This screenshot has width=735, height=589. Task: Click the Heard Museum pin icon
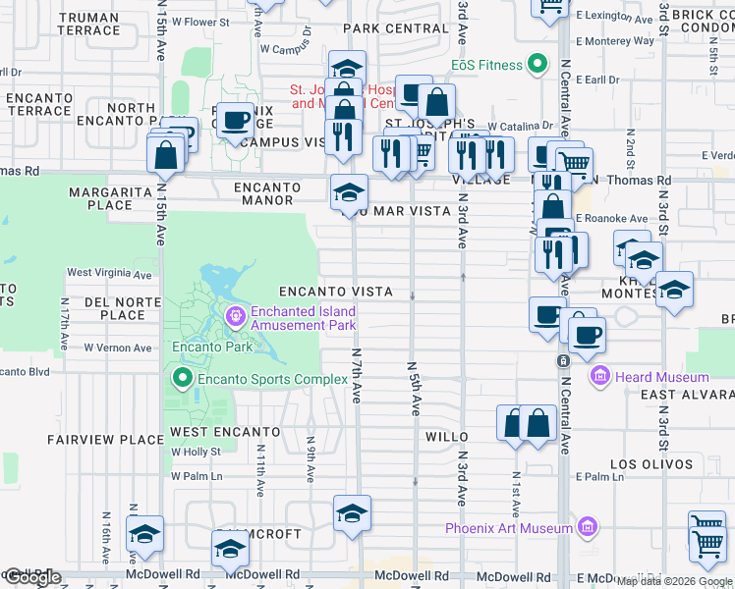tap(600, 377)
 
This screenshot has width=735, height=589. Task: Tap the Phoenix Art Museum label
tap(508, 528)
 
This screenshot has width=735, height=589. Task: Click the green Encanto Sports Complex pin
tap(182, 378)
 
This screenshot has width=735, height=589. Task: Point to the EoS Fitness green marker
tap(537, 66)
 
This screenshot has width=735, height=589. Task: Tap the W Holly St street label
tap(195, 453)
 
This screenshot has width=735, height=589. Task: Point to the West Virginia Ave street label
tap(109, 273)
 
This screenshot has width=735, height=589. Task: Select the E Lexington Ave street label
tap(614, 16)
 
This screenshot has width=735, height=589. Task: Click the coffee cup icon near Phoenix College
tap(234, 122)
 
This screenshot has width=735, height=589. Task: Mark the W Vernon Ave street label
tap(118, 348)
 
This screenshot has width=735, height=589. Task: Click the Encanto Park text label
tap(212, 347)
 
